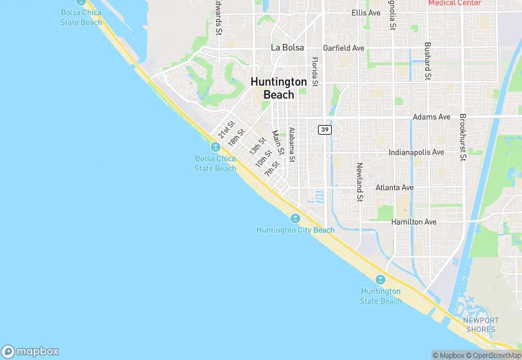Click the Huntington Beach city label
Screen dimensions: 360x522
pyautogui.click(x=278, y=88)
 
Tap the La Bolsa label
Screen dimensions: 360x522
pyautogui.click(x=285, y=47)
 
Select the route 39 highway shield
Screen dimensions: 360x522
pyautogui.click(x=325, y=129)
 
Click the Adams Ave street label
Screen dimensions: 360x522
pyautogui.click(x=431, y=117)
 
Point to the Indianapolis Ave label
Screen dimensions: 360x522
pyautogui.click(x=416, y=153)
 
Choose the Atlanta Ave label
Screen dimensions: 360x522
pyautogui.click(x=394, y=188)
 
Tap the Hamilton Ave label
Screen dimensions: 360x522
pyautogui.click(x=413, y=222)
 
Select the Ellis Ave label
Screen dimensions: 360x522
pyautogui.click(x=365, y=13)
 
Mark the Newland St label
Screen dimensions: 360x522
pyautogui.click(x=359, y=182)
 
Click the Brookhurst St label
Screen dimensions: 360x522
pyautogui.click(x=463, y=137)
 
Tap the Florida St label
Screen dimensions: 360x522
pyautogui.click(x=315, y=71)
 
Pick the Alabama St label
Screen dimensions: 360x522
pyautogui.click(x=292, y=144)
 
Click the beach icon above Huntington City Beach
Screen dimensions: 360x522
pyautogui.click(x=295, y=218)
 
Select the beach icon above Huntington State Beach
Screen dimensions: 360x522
pyautogui.click(x=381, y=279)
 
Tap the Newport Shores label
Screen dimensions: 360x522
pyautogui.click(x=479, y=325)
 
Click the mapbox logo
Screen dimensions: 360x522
pyautogui.click(x=30, y=350)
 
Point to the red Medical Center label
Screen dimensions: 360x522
pyautogui.click(x=455, y=3)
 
